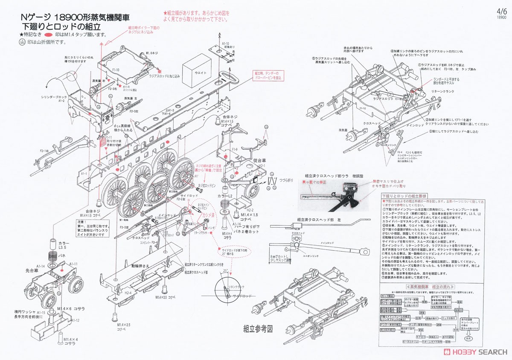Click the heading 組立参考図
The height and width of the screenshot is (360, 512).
point(258,328)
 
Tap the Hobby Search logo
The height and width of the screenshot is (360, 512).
point(474,352)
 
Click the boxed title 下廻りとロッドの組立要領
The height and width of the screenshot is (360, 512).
point(401,195)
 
